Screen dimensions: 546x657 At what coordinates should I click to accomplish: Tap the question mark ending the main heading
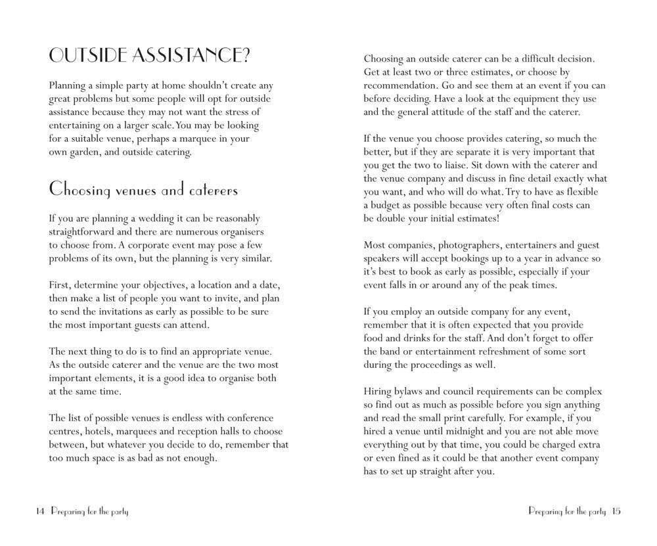pyautogui.click(x=244, y=57)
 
